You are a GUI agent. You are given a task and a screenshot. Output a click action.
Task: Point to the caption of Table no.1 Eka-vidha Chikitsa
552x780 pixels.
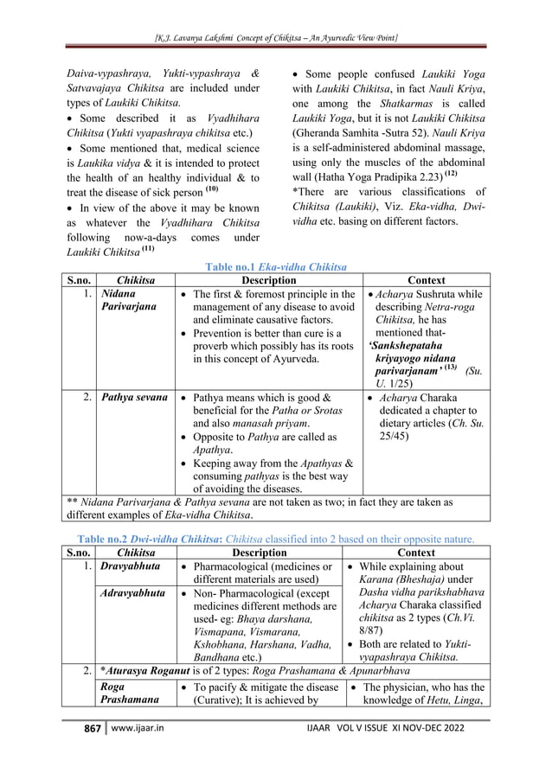point(275,268)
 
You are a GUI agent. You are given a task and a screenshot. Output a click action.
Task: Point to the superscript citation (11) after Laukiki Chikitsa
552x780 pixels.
point(149,249)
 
